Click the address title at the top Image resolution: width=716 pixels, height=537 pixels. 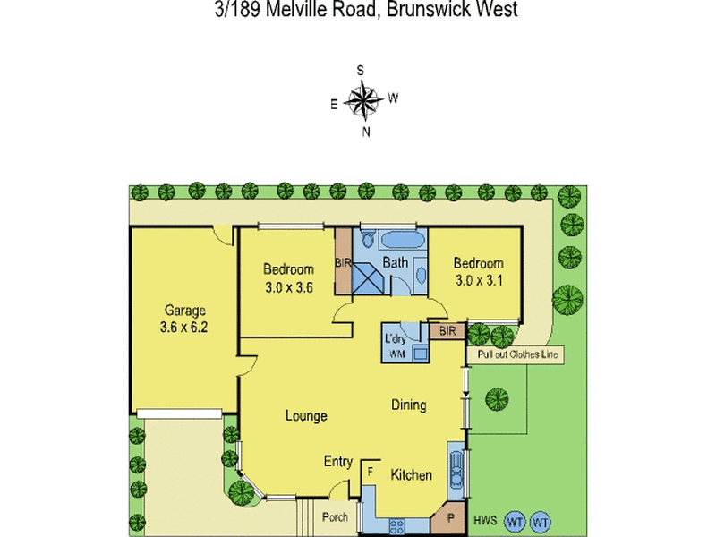(358, 10)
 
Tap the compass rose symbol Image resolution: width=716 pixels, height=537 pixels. (362, 99)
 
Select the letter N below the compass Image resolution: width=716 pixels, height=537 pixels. (365, 132)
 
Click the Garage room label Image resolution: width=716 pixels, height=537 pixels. (185, 311)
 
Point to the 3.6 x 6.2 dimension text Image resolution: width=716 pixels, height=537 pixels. (185, 328)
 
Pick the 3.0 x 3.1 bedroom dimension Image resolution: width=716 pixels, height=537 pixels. (478, 279)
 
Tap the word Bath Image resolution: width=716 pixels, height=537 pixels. (395, 263)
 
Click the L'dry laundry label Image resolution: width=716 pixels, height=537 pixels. (396, 339)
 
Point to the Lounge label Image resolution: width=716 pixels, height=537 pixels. (306, 415)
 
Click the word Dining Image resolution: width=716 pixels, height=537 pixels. (408, 405)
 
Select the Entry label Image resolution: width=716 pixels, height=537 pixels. (337, 462)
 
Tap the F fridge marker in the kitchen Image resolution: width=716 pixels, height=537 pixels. (369, 471)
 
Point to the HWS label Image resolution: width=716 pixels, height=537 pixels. (485, 520)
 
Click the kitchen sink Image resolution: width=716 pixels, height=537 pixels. (456, 468)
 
